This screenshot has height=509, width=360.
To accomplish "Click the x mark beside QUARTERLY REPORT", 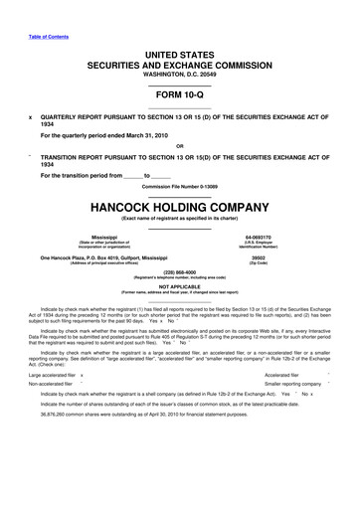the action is click(19, 115).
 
